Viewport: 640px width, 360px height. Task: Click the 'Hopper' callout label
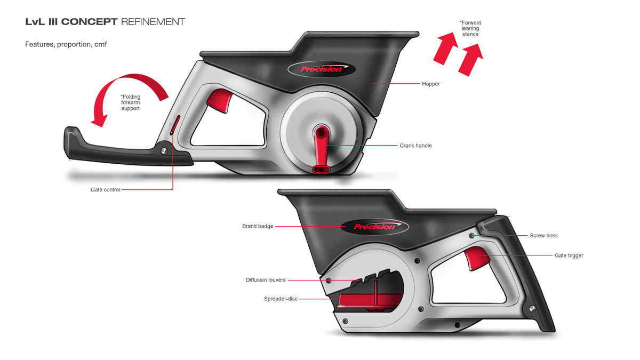(x=431, y=84)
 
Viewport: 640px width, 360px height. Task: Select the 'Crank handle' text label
(x=415, y=146)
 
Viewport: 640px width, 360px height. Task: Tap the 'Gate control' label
(x=105, y=190)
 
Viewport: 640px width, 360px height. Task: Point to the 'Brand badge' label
(x=258, y=226)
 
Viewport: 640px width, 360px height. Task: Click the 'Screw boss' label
(x=543, y=235)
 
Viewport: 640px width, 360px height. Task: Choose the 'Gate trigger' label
(x=569, y=255)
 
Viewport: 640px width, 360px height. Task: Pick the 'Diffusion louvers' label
(x=266, y=280)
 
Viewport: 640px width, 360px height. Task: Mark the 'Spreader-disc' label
(x=281, y=299)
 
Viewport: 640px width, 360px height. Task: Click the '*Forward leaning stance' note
(x=470, y=28)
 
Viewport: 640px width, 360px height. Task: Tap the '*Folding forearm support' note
(x=130, y=102)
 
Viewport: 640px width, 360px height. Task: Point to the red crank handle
(x=322, y=149)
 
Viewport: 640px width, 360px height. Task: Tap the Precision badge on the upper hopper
(x=322, y=69)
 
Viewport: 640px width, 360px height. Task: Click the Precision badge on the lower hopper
(x=374, y=227)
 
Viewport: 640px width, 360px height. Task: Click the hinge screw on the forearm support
(x=164, y=151)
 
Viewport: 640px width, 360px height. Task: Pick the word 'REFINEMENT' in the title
(x=153, y=22)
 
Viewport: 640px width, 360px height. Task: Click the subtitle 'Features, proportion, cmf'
(x=66, y=44)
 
